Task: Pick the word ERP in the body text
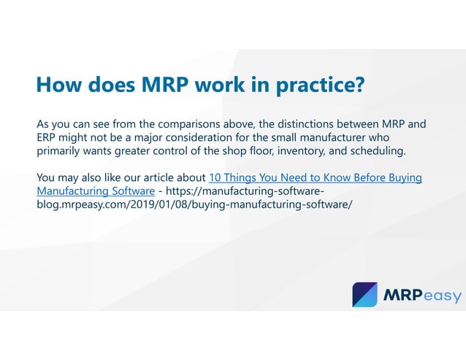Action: tap(47, 137)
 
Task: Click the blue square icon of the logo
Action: tap(364, 294)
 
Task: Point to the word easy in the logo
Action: tap(440, 296)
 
